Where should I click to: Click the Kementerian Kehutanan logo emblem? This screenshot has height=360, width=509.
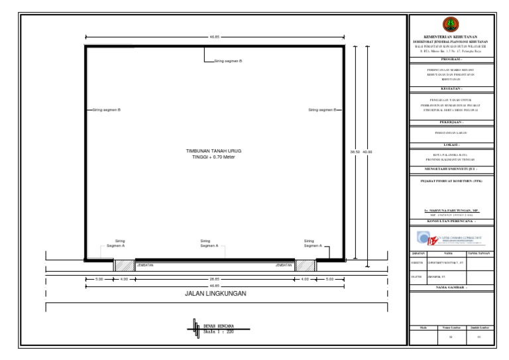click(449, 25)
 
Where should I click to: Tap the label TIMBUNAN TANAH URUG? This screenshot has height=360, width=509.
click(215, 151)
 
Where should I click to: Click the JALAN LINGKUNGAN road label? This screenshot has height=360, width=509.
click(215, 292)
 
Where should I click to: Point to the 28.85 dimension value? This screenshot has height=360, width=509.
click(214, 279)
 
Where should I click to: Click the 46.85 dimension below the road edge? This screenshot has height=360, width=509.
click(214, 286)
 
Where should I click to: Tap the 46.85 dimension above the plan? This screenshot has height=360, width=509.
click(214, 37)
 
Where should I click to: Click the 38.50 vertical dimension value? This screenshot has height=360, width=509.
click(355, 152)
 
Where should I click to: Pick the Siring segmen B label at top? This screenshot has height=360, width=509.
click(227, 61)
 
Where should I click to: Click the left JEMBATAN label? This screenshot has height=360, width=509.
click(144, 265)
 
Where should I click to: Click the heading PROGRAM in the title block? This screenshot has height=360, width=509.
click(449, 59)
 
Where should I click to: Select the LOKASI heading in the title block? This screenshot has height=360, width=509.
click(449, 144)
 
